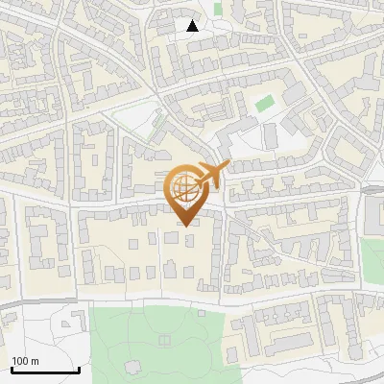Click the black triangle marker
pyautogui.click(x=193, y=25)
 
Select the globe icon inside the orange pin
pyautogui.click(x=182, y=186)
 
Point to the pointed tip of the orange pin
pyautogui.click(x=185, y=225)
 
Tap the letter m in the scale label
pyautogui.click(x=36, y=360)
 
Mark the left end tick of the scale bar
pyautogui.click(x=12, y=369)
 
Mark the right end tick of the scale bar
pyautogui.click(x=79, y=369)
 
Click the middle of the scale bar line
pyautogui.click(x=45, y=370)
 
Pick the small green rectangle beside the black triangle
pyautogui.click(x=218, y=9)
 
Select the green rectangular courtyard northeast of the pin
pyautogui.click(x=264, y=101)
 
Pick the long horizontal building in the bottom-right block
pyautogui.click(x=283, y=342)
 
